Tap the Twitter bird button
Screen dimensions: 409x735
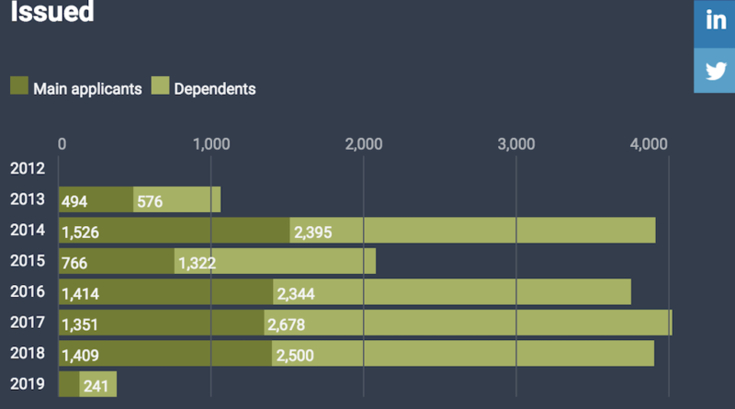click(x=715, y=71)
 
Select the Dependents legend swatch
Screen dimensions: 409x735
click(x=159, y=87)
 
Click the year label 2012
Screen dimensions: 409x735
click(x=27, y=168)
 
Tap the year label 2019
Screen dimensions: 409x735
click(x=27, y=385)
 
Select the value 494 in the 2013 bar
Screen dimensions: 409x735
click(x=75, y=202)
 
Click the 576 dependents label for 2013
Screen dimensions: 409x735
click(x=150, y=202)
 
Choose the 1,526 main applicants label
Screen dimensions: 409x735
click(x=81, y=233)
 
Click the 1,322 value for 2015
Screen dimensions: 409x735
click(x=198, y=263)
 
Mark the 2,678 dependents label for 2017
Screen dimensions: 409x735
click(x=286, y=324)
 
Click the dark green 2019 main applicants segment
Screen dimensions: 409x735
click(x=69, y=385)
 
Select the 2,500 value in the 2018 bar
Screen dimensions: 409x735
click(x=295, y=355)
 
